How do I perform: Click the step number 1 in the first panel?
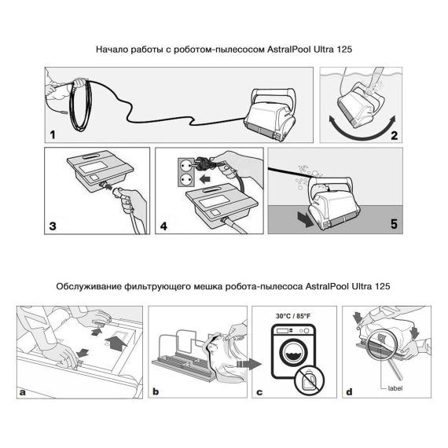[53, 134]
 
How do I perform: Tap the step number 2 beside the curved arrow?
[394, 135]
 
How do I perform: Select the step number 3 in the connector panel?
[53, 226]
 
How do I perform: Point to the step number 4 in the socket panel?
[163, 226]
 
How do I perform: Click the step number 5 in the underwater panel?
[394, 224]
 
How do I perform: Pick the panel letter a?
[22, 392]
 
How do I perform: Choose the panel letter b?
[156, 391]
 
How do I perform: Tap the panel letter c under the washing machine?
[259, 392]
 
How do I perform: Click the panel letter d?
[349, 391]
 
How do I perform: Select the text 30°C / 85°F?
[293, 316]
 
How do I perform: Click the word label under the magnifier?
[395, 388]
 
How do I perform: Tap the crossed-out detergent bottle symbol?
[310, 380]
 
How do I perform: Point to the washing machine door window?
[292, 353]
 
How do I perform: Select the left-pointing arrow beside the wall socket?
[205, 179]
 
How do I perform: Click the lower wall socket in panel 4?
[184, 179]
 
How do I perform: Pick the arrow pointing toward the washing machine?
[249, 364]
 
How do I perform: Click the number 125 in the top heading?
[344, 50]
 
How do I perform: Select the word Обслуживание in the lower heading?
[89, 286]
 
